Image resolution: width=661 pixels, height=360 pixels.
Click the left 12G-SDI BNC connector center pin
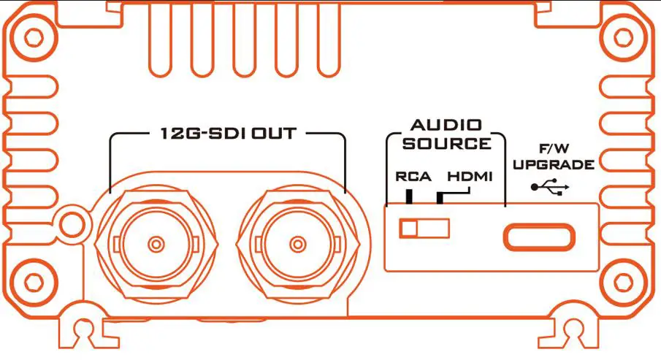coord(155,243)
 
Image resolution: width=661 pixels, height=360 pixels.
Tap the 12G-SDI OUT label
coord(226,134)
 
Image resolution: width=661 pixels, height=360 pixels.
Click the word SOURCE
coord(446,143)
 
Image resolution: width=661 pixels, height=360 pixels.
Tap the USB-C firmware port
coord(539,237)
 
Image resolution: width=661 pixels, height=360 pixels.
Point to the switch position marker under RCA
coord(410,196)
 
